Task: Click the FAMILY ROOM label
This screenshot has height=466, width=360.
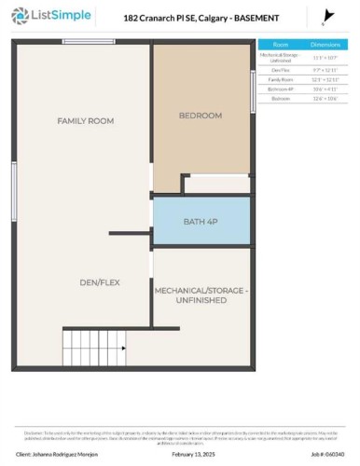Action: coord(79,121)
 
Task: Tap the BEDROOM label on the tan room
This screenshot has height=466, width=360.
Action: coord(201,115)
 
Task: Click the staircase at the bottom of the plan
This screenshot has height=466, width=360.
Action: coord(93,349)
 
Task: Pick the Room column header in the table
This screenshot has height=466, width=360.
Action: coord(281,44)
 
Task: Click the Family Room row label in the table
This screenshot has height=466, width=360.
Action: coord(281,79)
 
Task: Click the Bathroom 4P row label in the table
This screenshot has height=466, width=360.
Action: coord(281,89)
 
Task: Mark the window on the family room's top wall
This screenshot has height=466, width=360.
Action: coord(88,42)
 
